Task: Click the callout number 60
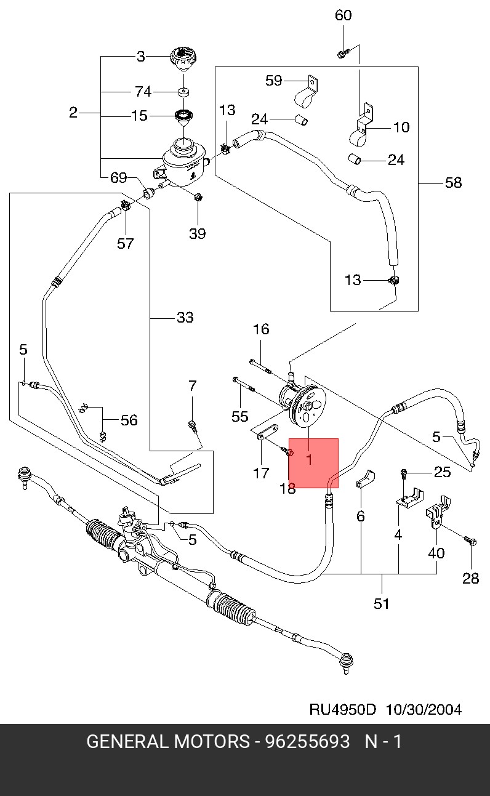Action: [343, 15]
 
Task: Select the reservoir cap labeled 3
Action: [182, 60]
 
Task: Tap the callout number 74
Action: [143, 92]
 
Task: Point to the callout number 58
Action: [453, 183]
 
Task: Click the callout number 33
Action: [185, 318]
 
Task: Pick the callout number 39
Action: [198, 233]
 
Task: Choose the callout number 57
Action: [126, 244]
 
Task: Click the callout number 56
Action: [129, 420]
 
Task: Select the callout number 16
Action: [261, 329]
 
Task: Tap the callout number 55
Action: [239, 417]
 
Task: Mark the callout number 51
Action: [382, 603]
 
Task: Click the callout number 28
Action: [470, 578]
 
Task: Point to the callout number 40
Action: [436, 553]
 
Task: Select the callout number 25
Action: [442, 472]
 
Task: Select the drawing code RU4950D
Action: [342, 709]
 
